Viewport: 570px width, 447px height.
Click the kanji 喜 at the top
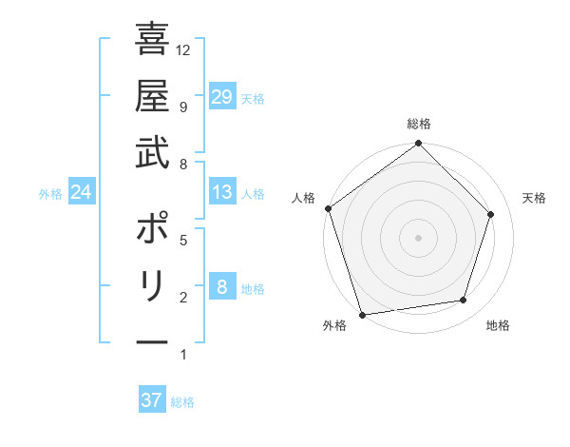tap(152, 41)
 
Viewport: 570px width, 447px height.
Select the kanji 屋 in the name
tap(152, 98)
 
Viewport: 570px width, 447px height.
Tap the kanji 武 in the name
tap(152, 154)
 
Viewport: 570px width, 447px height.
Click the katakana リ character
tap(152, 286)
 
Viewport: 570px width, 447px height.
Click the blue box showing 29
tap(221, 96)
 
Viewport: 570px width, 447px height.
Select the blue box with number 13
tap(221, 192)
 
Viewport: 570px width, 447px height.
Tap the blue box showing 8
tap(221, 287)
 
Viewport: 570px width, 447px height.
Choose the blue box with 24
tap(81, 192)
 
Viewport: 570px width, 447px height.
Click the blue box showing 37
tap(151, 400)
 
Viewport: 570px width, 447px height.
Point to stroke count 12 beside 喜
tap(184, 49)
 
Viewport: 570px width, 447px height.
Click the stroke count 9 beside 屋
tap(182, 107)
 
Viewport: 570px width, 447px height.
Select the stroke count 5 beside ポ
tap(182, 240)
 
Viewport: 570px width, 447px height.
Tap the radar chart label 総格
tap(418, 124)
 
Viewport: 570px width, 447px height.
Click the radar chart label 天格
tap(534, 198)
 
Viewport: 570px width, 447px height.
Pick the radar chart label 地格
tap(498, 325)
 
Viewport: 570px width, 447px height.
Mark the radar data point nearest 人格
tap(328, 208)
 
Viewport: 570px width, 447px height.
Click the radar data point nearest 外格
tap(362, 314)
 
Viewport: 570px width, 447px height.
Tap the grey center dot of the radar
tap(418, 237)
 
